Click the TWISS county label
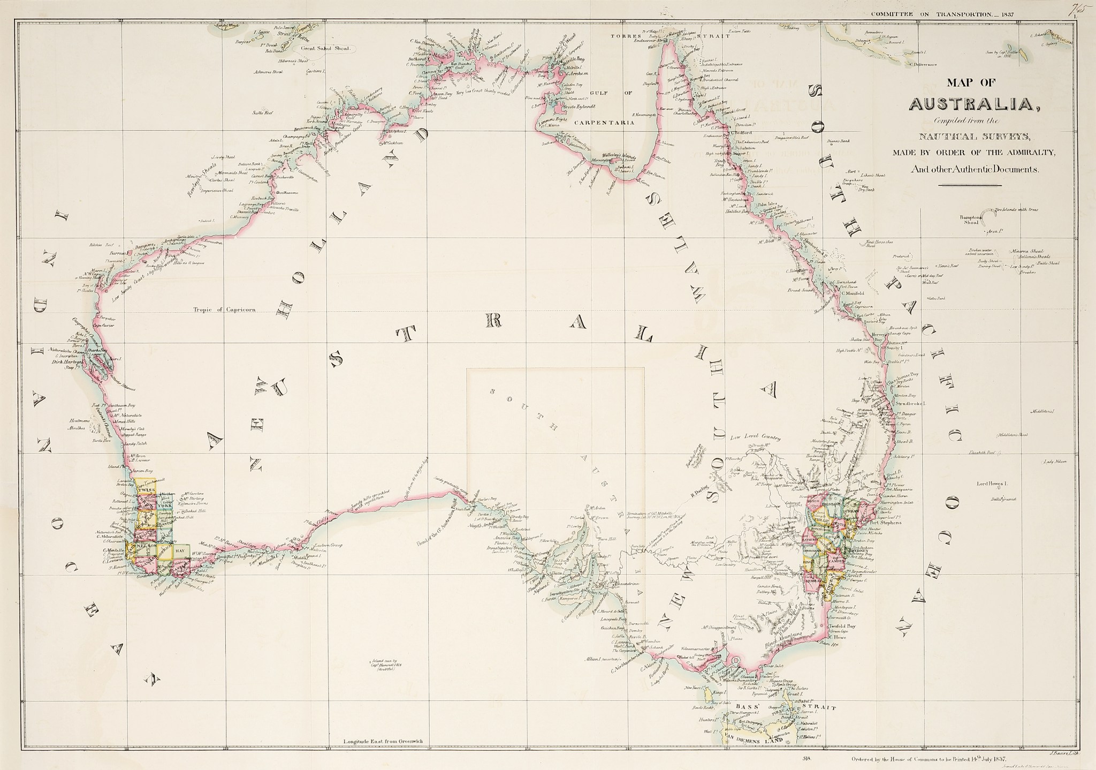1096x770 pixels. pos(146,490)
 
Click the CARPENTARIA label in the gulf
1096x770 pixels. pos(604,122)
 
